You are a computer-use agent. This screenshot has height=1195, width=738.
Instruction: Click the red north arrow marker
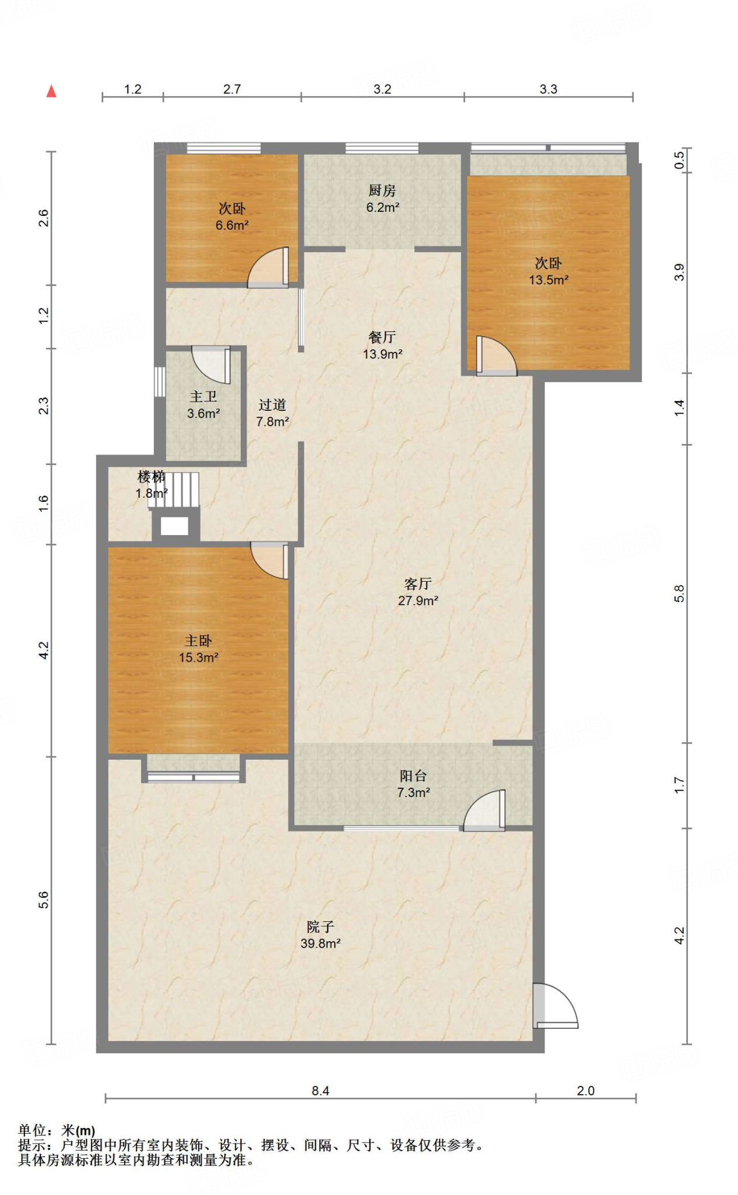pyautogui.click(x=51, y=91)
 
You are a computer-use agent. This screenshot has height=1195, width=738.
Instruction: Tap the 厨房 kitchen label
pyautogui.click(x=382, y=191)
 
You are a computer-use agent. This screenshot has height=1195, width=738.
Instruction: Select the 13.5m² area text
pyautogui.click(x=549, y=280)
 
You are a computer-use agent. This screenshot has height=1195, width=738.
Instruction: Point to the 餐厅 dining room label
pyautogui.click(x=382, y=337)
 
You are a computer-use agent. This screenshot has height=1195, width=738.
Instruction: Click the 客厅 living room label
pyautogui.click(x=417, y=584)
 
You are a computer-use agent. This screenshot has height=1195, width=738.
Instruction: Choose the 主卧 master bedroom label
pyautogui.click(x=198, y=641)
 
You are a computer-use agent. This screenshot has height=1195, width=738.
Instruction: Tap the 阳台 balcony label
pyautogui.click(x=413, y=776)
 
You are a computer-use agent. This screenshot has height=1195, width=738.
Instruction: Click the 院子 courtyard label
pyautogui.click(x=320, y=927)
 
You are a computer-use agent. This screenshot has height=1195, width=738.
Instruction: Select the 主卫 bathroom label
pyautogui.click(x=203, y=397)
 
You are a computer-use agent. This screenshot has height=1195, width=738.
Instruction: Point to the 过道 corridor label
pyautogui.click(x=272, y=405)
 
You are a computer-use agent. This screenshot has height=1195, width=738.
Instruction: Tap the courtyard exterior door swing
pyautogui.click(x=556, y=1005)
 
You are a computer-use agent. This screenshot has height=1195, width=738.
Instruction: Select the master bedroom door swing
pyautogui.click(x=269, y=561)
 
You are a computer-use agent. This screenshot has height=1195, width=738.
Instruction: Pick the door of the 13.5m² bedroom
pyautogui.click(x=496, y=356)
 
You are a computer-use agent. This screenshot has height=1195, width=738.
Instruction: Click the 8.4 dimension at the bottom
pyautogui.click(x=320, y=1091)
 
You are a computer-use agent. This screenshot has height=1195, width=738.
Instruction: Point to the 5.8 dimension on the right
pyautogui.click(x=679, y=594)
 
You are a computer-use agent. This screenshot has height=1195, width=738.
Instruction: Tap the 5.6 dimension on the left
pyautogui.click(x=44, y=900)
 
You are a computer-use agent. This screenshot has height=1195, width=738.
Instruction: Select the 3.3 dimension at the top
pyautogui.click(x=548, y=89)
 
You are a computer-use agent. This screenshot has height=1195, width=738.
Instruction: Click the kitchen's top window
pyautogui.click(x=382, y=148)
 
